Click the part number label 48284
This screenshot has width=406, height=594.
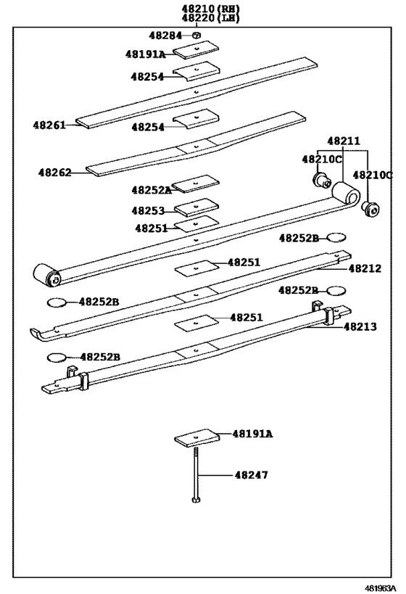click(x=166, y=36)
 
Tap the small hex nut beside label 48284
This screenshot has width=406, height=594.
click(x=196, y=35)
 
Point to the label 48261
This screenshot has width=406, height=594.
click(x=49, y=125)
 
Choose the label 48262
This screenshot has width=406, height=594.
click(x=55, y=173)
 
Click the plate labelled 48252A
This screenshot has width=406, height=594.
click(x=196, y=182)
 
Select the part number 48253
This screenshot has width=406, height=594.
click(x=149, y=210)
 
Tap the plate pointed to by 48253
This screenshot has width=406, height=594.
click(x=196, y=207)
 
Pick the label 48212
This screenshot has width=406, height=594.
click(x=364, y=268)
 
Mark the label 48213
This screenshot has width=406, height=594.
click(x=360, y=327)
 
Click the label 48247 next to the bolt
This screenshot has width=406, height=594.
click(x=251, y=475)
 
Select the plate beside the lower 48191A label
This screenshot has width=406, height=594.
click(x=196, y=438)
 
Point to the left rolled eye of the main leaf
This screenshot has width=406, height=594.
click(x=46, y=274)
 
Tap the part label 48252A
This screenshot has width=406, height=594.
click(x=152, y=190)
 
